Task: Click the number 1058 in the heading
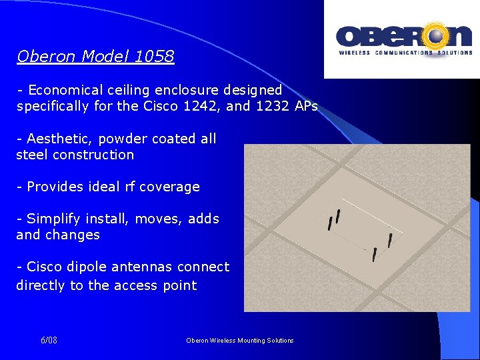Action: [154, 57]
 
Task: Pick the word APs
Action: [305, 106]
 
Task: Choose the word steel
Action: [32, 155]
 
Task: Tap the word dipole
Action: [85, 267]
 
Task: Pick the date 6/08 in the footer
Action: [49, 340]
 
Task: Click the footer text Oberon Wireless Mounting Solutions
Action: [240, 340]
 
